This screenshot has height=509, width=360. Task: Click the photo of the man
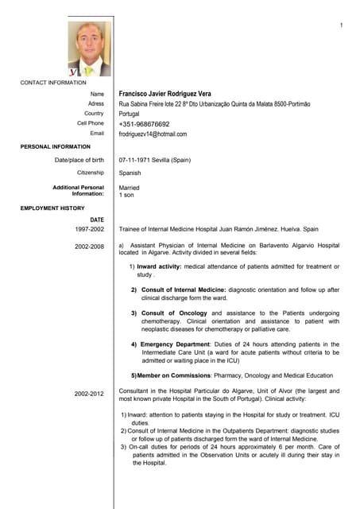(89, 49)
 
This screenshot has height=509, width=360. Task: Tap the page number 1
(341, 26)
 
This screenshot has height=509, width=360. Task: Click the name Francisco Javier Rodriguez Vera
(165, 94)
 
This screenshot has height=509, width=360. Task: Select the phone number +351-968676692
(144, 124)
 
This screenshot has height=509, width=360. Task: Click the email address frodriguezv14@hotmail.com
(153, 134)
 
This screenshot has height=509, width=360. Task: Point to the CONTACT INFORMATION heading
(53, 83)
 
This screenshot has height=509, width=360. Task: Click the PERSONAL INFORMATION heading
(56, 147)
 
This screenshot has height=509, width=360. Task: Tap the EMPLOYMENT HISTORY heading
(52, 208)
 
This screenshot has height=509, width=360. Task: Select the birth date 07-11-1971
(136, 160)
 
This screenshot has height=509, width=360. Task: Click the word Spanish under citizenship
(130, 173)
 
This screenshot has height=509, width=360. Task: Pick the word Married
(129, 188)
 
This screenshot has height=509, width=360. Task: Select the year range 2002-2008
(89, 247)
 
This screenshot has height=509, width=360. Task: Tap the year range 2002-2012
(89, 394)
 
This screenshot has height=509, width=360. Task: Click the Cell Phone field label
(91, 124)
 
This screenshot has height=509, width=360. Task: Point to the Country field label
(94, 114)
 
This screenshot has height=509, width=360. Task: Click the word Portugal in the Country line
(129, 114)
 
